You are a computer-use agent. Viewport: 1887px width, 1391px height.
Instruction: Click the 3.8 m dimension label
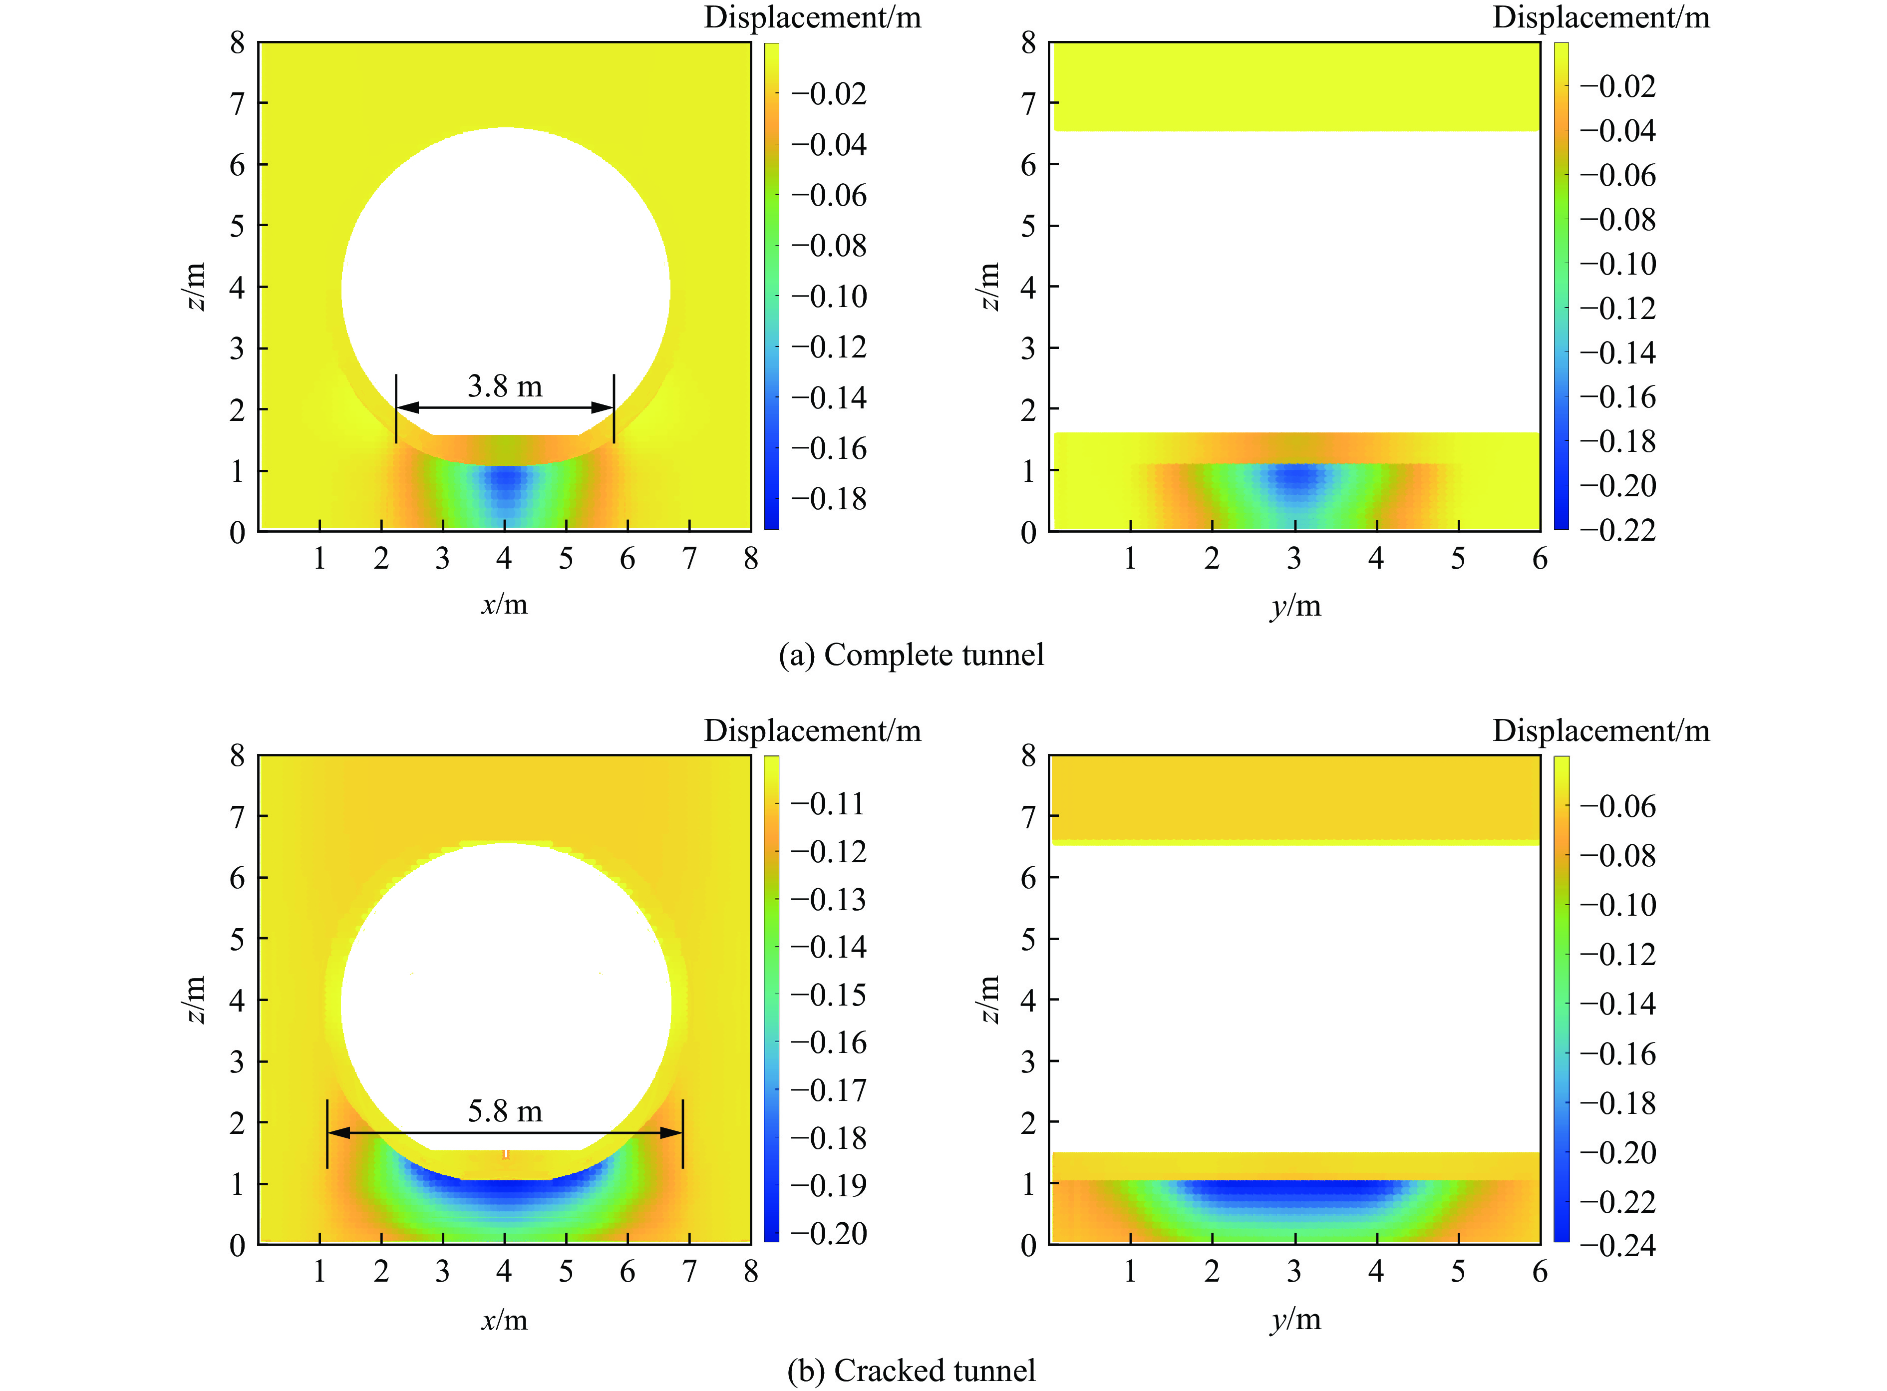tap(505, 386)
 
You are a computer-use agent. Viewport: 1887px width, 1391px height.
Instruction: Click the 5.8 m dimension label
tap(505, 1111)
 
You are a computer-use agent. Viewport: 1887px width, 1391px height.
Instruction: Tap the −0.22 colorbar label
tap(1617, 530)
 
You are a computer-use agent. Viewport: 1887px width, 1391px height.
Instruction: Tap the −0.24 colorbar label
tap(1617, 1245)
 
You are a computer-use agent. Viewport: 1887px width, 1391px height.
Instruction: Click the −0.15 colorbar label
tap(828, 995)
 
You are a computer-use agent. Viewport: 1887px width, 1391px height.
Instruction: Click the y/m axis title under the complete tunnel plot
tap(1295, 606)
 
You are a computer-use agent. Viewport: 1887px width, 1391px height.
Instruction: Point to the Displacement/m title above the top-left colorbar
tap(812, 17)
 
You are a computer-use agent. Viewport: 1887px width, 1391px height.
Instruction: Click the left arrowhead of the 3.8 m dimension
tap(407, 407)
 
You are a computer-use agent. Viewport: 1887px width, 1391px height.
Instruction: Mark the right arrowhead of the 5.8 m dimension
tap(671, 1132)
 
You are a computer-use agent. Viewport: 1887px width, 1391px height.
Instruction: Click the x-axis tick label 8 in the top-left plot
tap(751, 558)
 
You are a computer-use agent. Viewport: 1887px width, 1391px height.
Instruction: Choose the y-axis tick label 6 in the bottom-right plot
tap(1540, 1272)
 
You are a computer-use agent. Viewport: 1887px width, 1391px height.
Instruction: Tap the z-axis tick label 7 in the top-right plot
tap(1028, 103)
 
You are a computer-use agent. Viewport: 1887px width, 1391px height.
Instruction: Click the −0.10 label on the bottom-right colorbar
tap(1617, 905)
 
